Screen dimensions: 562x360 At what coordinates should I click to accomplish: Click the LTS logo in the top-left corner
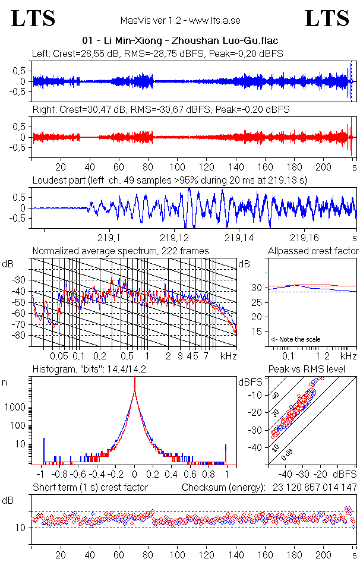click(33, 19)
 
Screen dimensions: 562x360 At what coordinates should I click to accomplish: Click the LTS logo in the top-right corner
click(327, 19)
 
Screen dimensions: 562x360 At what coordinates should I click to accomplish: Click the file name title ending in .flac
click(180, 40)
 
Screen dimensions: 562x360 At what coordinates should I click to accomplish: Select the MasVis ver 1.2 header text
click(180, 20)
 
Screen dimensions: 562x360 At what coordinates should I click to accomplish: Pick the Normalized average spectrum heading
click(121, 251)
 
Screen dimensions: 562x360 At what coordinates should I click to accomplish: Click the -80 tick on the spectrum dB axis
click(20, 335)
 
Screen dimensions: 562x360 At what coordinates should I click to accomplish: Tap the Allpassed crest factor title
click(313, 251)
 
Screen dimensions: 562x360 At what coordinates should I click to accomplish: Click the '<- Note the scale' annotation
click(295, 339)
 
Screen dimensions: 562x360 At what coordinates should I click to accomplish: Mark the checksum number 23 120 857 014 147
click(315, 487)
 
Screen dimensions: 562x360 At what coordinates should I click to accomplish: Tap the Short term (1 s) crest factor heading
click(90, 487)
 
